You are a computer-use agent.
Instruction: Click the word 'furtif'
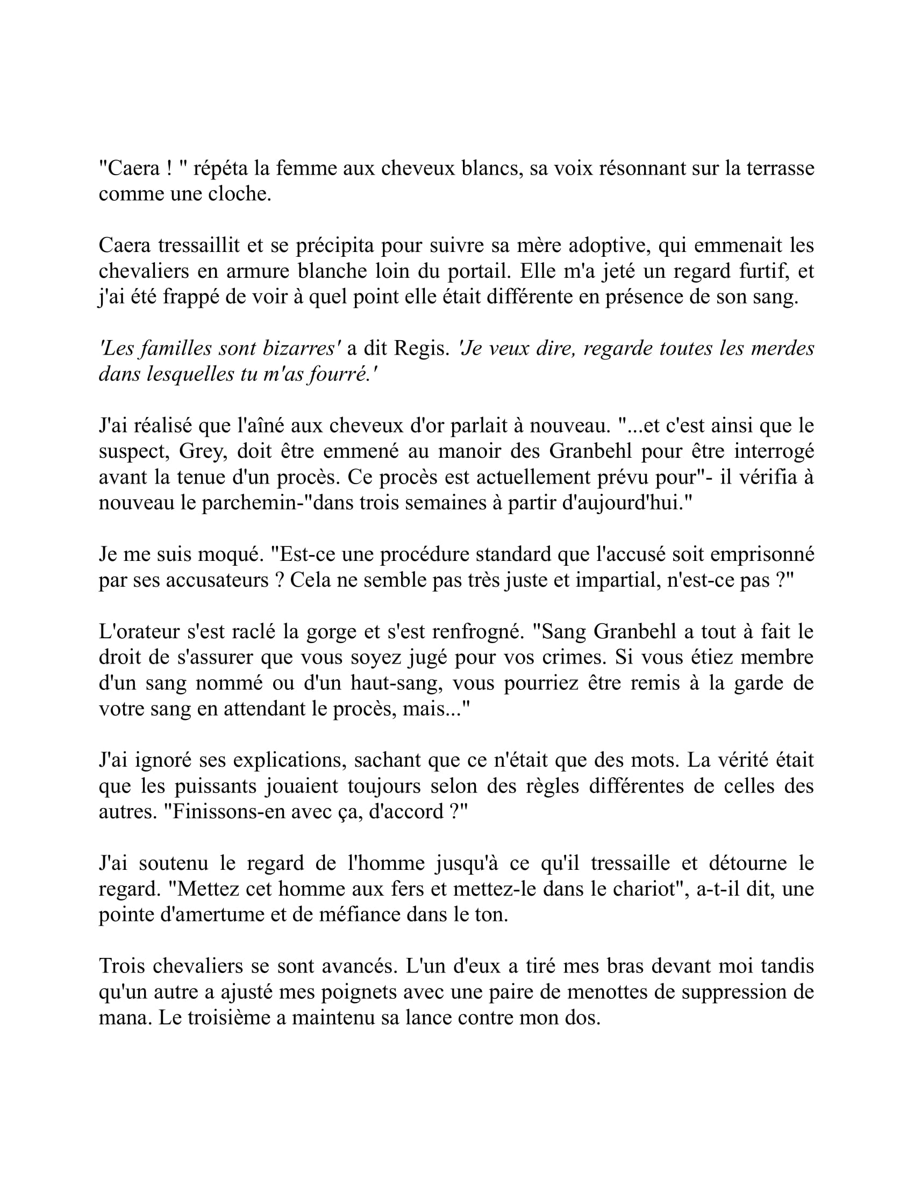click(x=762, y=271)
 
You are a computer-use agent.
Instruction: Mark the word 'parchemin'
click(x=254, y=503)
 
